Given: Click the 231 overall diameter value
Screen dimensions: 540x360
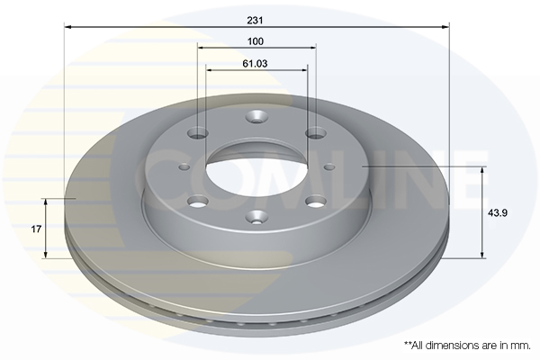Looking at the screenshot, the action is [255, 21].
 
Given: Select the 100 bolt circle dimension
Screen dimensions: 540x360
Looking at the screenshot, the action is [256, 41].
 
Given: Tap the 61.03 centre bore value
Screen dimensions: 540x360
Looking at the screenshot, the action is [256, 64].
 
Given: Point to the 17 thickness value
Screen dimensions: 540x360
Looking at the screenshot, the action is [36, 229].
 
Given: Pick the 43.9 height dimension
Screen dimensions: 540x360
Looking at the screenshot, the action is [497, 213].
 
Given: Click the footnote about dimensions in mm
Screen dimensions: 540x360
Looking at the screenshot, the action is [467, 346].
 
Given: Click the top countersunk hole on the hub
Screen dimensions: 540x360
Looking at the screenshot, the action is [256, 117].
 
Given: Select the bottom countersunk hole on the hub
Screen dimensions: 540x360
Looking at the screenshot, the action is [256, 217].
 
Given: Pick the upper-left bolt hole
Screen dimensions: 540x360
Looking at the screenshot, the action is [198, 133].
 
